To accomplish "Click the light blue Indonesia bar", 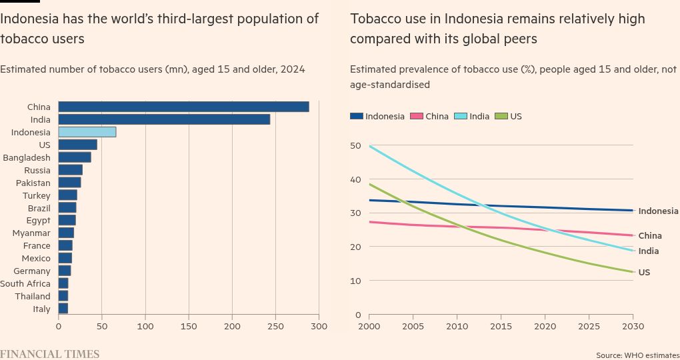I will [87, 132].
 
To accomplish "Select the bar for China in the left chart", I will [183, 107].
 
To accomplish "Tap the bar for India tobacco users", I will [164, 119].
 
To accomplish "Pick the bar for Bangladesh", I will [75, 157].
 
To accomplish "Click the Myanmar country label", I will [31, 233].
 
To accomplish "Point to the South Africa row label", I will [25, 283].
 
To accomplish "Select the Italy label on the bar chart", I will [41, 309].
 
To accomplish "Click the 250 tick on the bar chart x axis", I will [275, 327].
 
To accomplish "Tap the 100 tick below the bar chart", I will [145, 327].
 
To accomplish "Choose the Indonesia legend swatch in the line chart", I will [357, 117].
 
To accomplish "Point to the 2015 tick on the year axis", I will [501, 327].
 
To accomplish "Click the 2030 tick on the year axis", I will [633, 327].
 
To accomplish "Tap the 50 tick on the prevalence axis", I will [355, 146].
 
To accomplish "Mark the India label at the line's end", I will [649, 251].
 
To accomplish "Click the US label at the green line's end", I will [644, 273].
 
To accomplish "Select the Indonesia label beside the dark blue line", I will [658, 211].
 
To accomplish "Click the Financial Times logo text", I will [49, 354].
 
